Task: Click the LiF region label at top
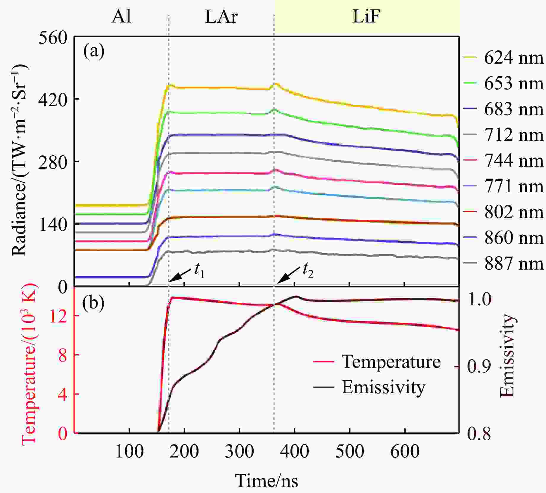366,17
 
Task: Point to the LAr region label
221,17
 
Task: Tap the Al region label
121,17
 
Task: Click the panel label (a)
94,51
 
